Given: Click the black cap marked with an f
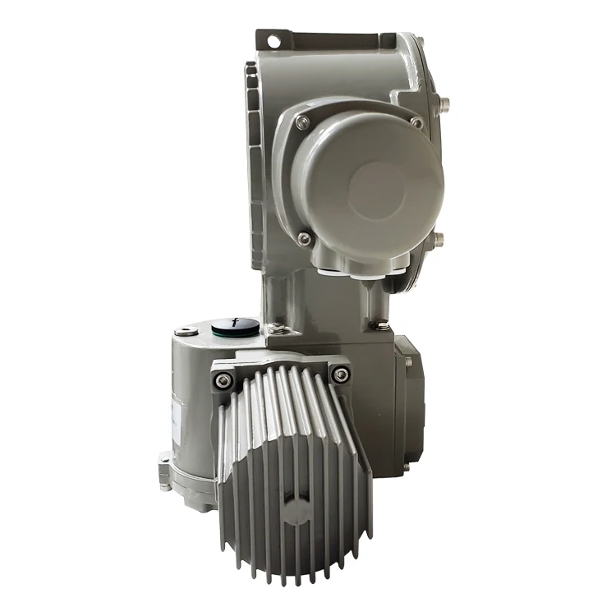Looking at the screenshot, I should pos(231,326).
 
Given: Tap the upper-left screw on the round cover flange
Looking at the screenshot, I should pos(303,122).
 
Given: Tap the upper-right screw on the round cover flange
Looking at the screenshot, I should pos(416,122).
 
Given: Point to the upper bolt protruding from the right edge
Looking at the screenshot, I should pos(446,104).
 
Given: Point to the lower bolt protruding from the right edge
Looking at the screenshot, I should pos(439,241).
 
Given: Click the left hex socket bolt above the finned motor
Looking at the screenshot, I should pos(223,379).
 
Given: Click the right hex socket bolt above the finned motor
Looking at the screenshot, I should pos(339,375).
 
